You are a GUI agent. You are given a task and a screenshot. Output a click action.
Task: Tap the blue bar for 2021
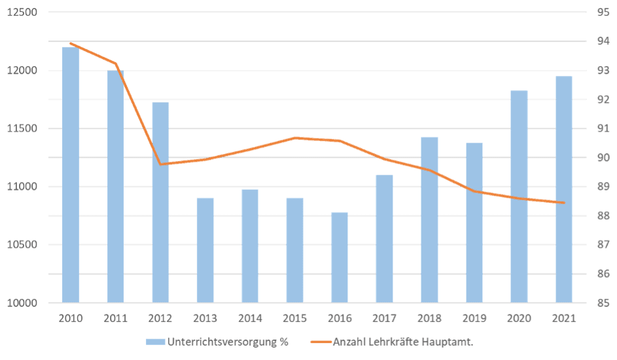563,189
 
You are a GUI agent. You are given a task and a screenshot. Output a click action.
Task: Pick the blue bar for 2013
205,250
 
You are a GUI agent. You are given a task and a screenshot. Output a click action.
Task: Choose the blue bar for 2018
429,220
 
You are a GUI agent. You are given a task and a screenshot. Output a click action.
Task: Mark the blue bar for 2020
519,196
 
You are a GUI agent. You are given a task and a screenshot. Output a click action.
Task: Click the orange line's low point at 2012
161,164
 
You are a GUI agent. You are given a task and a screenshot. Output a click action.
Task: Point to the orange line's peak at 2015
295,138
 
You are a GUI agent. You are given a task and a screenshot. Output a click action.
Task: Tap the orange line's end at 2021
563,203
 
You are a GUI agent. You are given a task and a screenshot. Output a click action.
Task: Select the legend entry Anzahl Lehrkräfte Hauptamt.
403,341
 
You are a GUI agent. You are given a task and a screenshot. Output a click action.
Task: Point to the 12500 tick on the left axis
24,12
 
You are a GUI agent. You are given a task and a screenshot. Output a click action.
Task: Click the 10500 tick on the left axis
24,245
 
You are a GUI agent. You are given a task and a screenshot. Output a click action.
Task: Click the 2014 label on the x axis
250,319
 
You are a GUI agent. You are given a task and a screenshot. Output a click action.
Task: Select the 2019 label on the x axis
474,319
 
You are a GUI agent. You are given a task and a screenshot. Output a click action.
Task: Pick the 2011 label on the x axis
116,319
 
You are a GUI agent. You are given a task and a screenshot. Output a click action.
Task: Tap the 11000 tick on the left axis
24,187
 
